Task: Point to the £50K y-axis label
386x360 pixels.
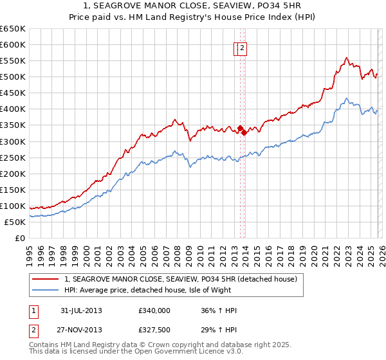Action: click(15, 222)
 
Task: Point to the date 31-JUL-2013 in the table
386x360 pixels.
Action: click(80, 310)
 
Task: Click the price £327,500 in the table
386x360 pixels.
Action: click(154, 330)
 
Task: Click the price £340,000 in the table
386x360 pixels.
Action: click(154, 310)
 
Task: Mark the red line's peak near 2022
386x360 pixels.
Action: click(346, 58)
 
